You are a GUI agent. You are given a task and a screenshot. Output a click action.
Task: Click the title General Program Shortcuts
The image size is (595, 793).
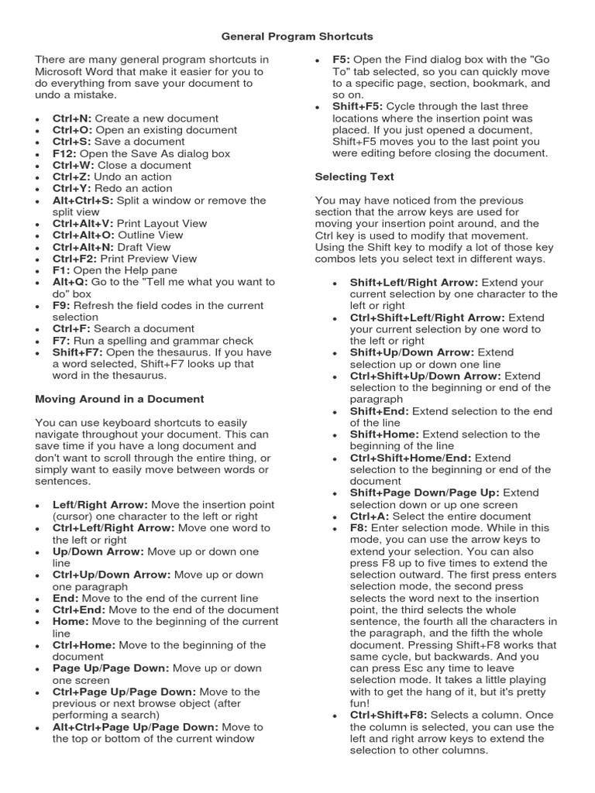(297, 36)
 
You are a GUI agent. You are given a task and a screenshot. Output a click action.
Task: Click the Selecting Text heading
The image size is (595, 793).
(354, 177)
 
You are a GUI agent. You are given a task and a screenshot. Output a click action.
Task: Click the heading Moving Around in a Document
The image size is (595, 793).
(119, 399)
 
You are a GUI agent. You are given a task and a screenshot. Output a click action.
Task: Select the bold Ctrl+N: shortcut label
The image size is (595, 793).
(72, 118)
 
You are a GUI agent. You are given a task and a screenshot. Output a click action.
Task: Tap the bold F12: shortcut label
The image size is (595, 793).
(65, 153)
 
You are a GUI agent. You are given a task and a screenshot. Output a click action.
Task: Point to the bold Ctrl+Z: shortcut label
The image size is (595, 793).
(71, 177)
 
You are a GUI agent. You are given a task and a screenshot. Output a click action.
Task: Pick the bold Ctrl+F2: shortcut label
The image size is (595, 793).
(75, 259)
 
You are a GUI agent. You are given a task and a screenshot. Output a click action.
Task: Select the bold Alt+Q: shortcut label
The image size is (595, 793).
(70, 282)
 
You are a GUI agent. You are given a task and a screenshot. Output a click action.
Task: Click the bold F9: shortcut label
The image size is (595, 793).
(61, 305)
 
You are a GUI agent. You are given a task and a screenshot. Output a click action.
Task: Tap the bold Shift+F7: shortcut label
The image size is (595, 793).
(77, 352)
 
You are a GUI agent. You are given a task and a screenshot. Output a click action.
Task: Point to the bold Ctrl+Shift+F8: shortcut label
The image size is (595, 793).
(388, 715)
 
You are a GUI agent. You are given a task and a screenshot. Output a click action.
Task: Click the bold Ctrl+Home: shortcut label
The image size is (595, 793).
(84, 644)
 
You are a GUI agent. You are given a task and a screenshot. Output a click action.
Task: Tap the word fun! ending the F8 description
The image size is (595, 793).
(362, 703)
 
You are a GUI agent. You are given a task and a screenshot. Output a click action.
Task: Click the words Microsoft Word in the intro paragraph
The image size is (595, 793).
(71, 71)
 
